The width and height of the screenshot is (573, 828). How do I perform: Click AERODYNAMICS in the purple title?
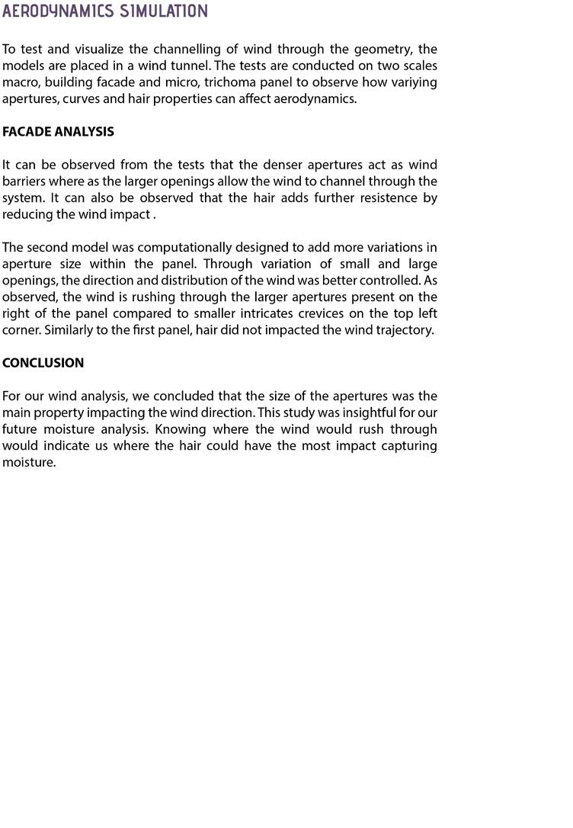coord(58,11)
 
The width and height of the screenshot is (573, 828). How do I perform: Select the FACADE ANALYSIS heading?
coord(58,132)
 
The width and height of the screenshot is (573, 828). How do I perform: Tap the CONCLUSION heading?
coord(43,363)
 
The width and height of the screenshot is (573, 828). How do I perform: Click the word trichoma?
coord(248,82)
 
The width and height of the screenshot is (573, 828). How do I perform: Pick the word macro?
coord(20,82)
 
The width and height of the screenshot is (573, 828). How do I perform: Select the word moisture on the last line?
coord(27,463)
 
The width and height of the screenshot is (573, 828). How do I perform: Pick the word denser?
coord(261,165)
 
